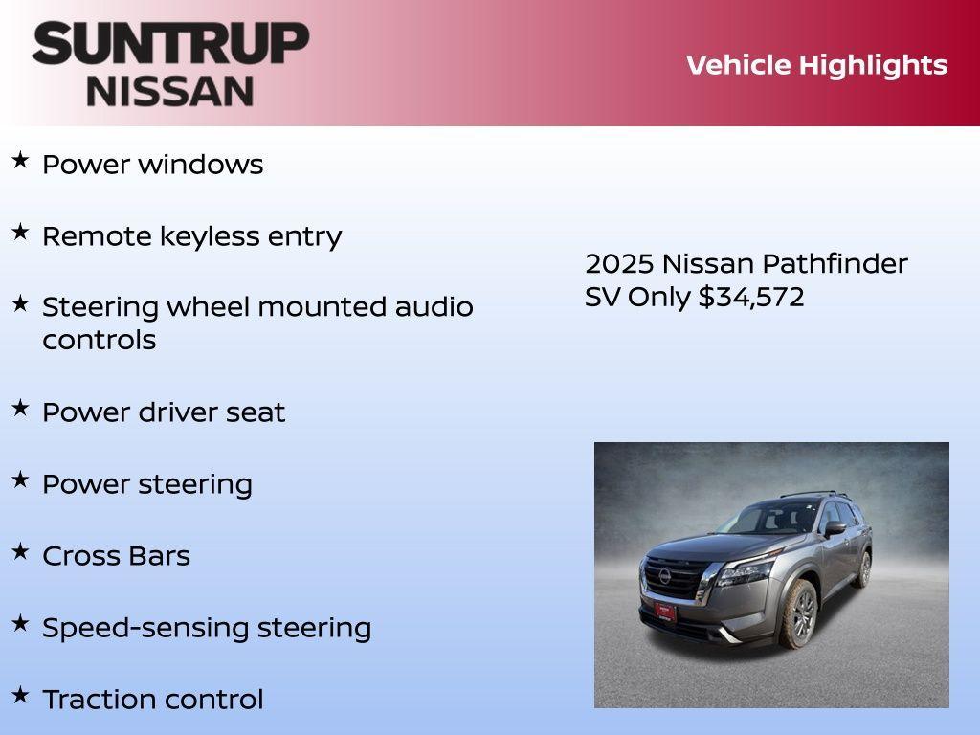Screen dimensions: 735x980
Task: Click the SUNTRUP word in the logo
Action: tap(170, 44)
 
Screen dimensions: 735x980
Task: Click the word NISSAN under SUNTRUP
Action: tap(170, 90)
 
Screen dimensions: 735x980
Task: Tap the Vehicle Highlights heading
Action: tap(816, 65)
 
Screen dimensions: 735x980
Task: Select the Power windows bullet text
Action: tap(152, 165)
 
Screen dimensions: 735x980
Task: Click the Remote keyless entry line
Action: tap(191, 236)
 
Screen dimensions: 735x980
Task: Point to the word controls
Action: tap(99, 341)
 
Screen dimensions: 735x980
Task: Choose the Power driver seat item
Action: tap(164, 412)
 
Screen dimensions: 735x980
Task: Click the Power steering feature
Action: tap(146, 484)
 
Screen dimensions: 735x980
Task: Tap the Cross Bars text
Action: tap(116, 556)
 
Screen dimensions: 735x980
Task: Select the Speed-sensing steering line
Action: tap(207, 628)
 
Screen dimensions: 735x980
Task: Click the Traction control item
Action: tap(152, 700)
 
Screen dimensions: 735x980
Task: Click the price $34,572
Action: tap(751, 297)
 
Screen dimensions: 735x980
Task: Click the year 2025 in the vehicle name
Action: tap(618, 264)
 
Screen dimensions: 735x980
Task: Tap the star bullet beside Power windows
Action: tap(20, 161)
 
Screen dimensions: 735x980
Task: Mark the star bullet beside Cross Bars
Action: tap(20, 552)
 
